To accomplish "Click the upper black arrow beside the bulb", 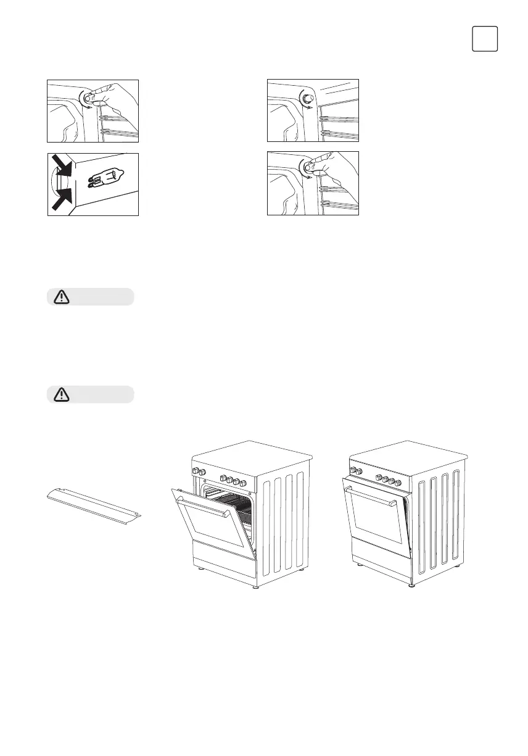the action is pyautogui.click(x=62, y=166).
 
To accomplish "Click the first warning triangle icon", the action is pyautogui.click(x=62, y=297).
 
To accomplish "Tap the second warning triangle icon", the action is pyautogui.click(x=62, y=394).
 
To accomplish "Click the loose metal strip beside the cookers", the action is pyautogui.click(x=94, y=502).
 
